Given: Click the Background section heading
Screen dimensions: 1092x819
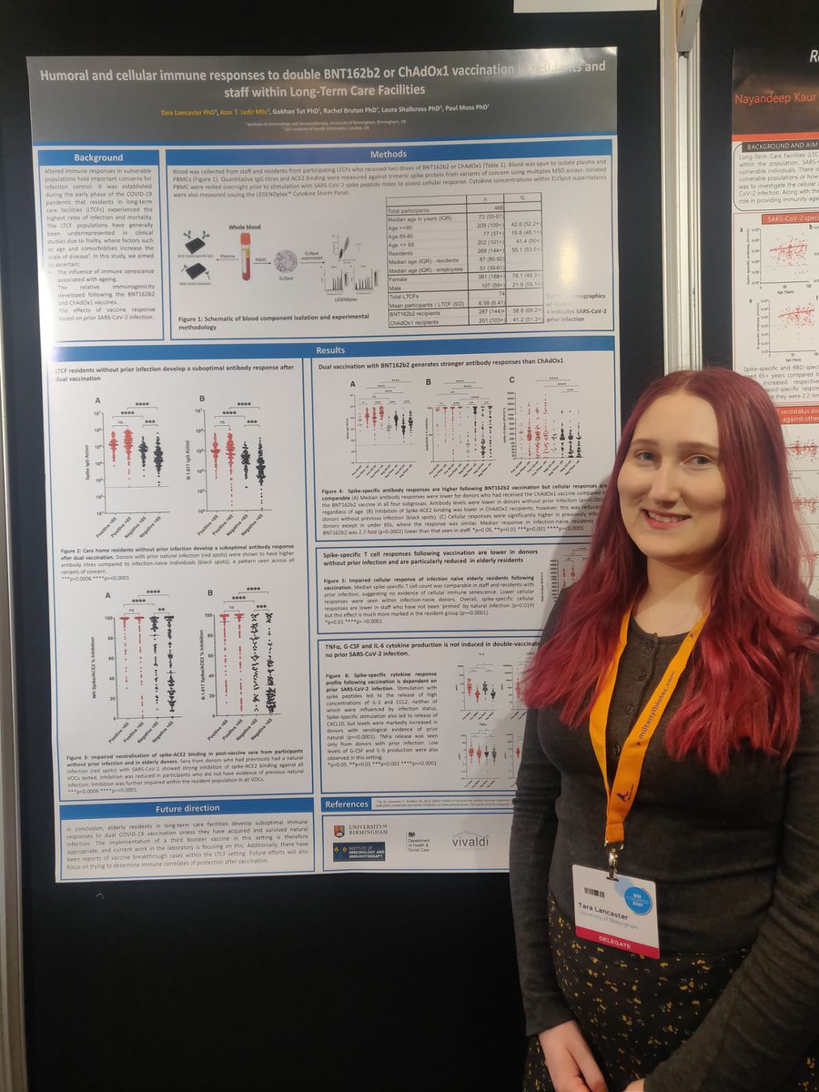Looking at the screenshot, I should point(98,157).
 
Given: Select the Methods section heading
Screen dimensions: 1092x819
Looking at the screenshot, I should point(389,154).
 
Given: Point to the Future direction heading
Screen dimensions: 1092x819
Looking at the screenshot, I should point(187,806).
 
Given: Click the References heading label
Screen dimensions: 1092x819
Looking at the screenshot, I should point(346,804).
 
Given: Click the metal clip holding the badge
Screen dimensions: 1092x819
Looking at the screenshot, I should point(615,855).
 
